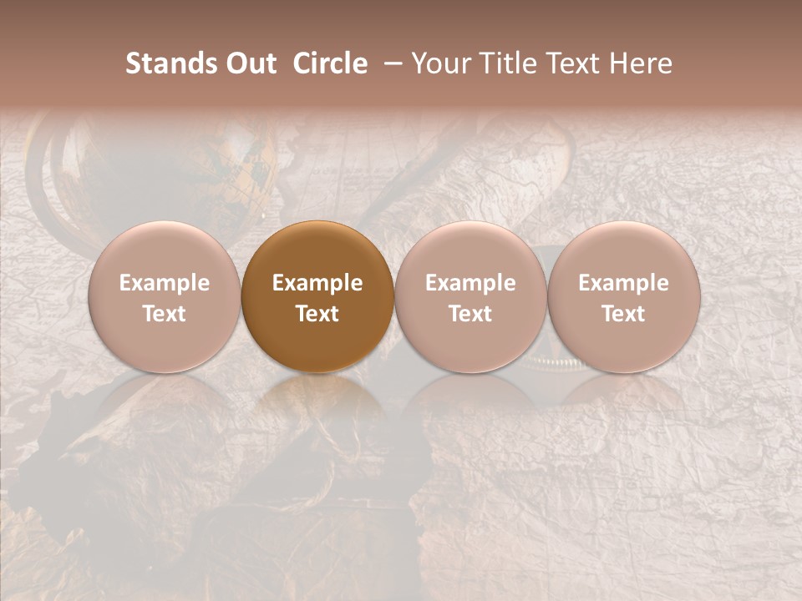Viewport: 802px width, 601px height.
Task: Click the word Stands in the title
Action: coord(170,63)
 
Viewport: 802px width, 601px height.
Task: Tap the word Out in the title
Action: coord(249,63)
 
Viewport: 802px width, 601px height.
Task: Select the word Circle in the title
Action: coord(330,63)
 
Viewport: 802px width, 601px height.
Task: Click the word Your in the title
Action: coord(439,63)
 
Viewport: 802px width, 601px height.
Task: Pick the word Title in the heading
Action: coord(501,63)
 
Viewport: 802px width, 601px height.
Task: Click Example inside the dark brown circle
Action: coord(317,283)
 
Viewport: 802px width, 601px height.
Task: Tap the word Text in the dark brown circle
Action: coord(317,314)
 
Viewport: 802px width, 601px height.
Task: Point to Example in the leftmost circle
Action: coord(164,283)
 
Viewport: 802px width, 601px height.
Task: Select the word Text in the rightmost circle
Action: coord(623,314)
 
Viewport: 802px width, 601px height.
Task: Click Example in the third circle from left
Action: coord(470,283)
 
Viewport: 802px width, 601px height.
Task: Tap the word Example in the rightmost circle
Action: coord(623,283)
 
